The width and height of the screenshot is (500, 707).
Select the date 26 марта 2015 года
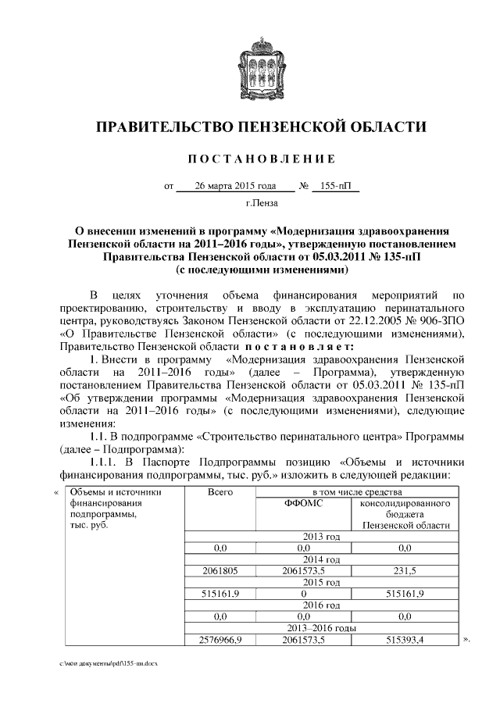point(236,187)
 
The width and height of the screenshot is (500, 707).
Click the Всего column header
point(221,493)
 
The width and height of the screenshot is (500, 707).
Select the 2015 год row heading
point(320,583)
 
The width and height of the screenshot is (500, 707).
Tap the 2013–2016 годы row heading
point(320,628)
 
